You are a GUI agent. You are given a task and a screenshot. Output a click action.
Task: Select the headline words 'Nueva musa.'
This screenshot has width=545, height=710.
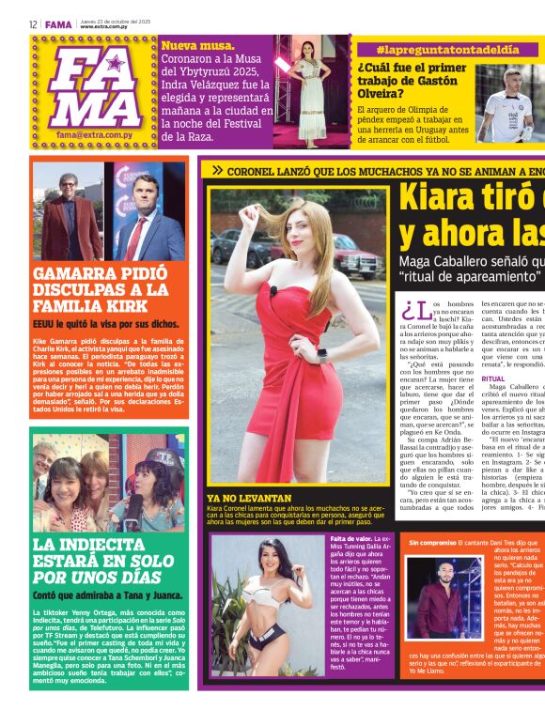coord(197,45)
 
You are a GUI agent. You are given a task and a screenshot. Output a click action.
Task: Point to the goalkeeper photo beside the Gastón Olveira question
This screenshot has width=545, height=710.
coord(509,102)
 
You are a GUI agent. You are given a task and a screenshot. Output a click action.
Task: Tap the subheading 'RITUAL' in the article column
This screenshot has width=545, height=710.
coord(493,378)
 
